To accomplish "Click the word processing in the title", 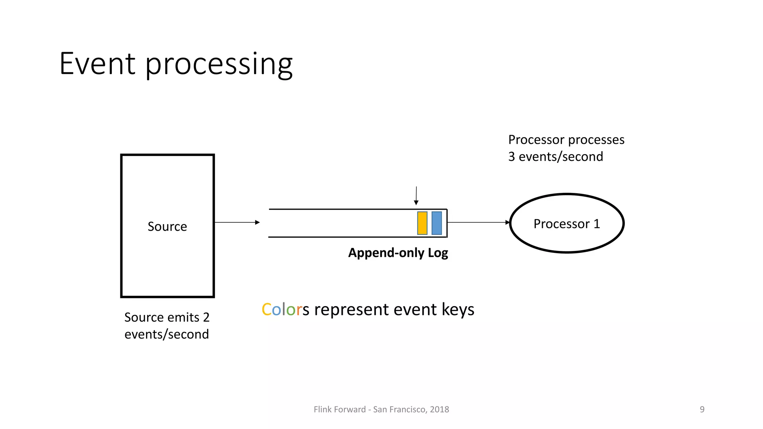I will tap(219, 65).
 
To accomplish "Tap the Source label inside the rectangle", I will tap(167, 226).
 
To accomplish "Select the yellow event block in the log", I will tap(422, 223).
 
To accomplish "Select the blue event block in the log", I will tap(437, 223).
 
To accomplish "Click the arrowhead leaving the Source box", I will tap(257, 222).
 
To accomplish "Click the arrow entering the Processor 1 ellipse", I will tap(507, 222).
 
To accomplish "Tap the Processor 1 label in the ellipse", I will tap(567, 224).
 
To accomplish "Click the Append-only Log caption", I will tap(398, 253).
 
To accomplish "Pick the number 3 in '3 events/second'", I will tap(512, 157).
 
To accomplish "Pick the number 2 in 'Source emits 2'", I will tap(206, 317).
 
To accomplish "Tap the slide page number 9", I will tap(702, 409).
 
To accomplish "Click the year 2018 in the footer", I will tap(439, 409).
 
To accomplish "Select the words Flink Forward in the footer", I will tap(339, 409).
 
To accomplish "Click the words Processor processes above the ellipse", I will tap(566, 140).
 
